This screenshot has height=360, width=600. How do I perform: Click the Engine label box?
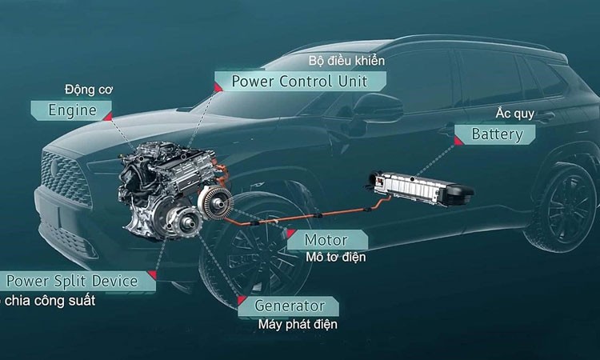point(73,110)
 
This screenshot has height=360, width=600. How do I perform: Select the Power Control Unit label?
point(299,82)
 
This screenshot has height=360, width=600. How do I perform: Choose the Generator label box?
point(289,306)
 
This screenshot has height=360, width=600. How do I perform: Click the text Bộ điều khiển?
point(346,61)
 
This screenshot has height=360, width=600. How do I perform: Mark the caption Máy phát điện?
point(298,325)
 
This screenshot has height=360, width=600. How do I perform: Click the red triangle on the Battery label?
point(458,141)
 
